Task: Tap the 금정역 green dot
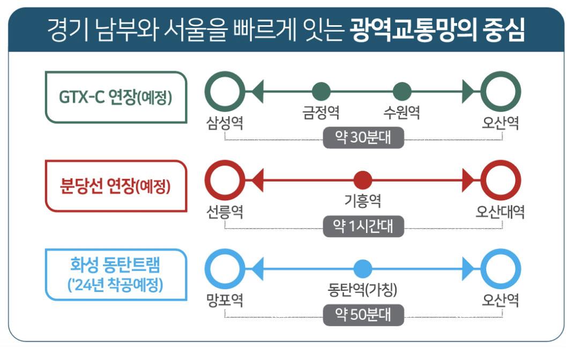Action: pyautogui.click(x=321, y=92)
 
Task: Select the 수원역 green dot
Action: pyautogui.click(x=402, y=92)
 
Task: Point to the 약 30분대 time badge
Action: pyautogui.click(x=363, y=138)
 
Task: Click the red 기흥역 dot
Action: pyautogui.click(x=363, y=180)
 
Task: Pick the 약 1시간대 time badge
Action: pyautogui.click(x=363, y=226)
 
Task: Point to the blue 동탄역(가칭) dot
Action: pyautogui.click(x=363, y=269)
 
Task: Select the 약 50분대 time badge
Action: pyautogui.click(x=363, y=315)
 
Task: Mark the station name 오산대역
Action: pyautogui.click(x=500, y=212)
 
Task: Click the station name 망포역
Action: pyautogui.click(x=225, y=301)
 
